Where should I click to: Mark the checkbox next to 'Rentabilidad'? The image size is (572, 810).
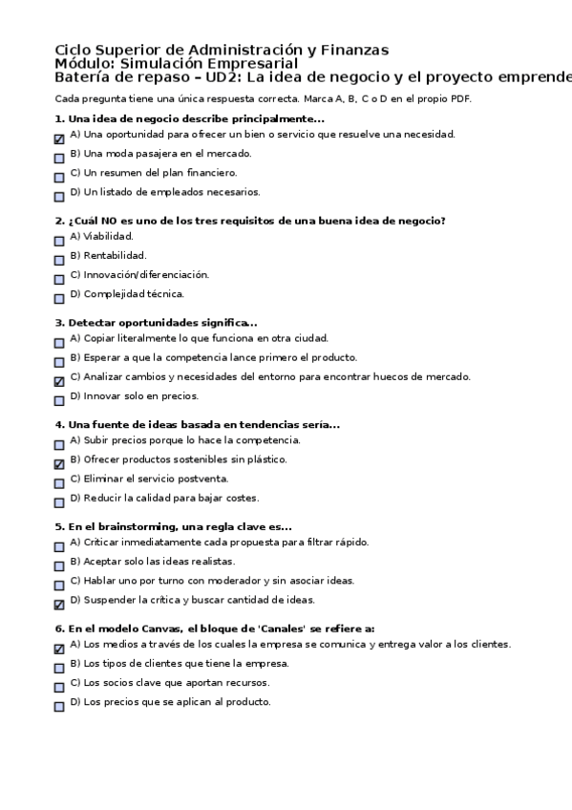point(59,260)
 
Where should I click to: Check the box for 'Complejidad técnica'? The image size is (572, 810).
point(59,298)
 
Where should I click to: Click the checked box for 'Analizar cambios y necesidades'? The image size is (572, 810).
point(59,381)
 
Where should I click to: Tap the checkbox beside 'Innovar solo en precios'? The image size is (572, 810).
point(59,400)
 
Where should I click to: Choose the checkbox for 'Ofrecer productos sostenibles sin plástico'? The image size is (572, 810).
point(59,464)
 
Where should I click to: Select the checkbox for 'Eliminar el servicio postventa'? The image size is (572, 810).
point(59,483)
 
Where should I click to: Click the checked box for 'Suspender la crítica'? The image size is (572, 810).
point(59,605)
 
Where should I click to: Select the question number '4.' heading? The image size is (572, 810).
point(60,424)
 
